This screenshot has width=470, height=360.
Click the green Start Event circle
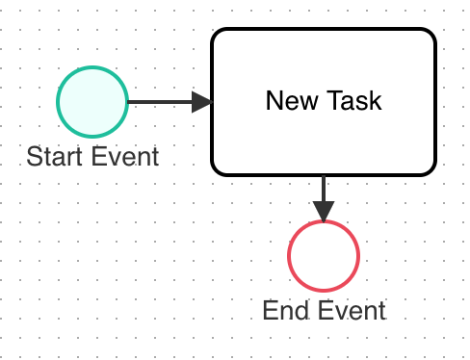point(92,102)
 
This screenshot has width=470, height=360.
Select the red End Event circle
point(324,256)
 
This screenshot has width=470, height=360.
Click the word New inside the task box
point(289,101)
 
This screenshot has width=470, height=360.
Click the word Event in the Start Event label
point(123,156)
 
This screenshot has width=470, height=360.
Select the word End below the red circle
point(283,310)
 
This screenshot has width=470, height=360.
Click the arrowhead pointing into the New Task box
point(201,102)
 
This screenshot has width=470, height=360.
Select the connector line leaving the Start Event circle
point(159,102)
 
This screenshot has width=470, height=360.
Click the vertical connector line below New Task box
point(324,188)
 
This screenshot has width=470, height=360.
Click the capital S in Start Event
point(34,156)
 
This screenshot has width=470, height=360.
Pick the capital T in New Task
point(333,101)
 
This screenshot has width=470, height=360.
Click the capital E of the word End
point(270,310)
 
